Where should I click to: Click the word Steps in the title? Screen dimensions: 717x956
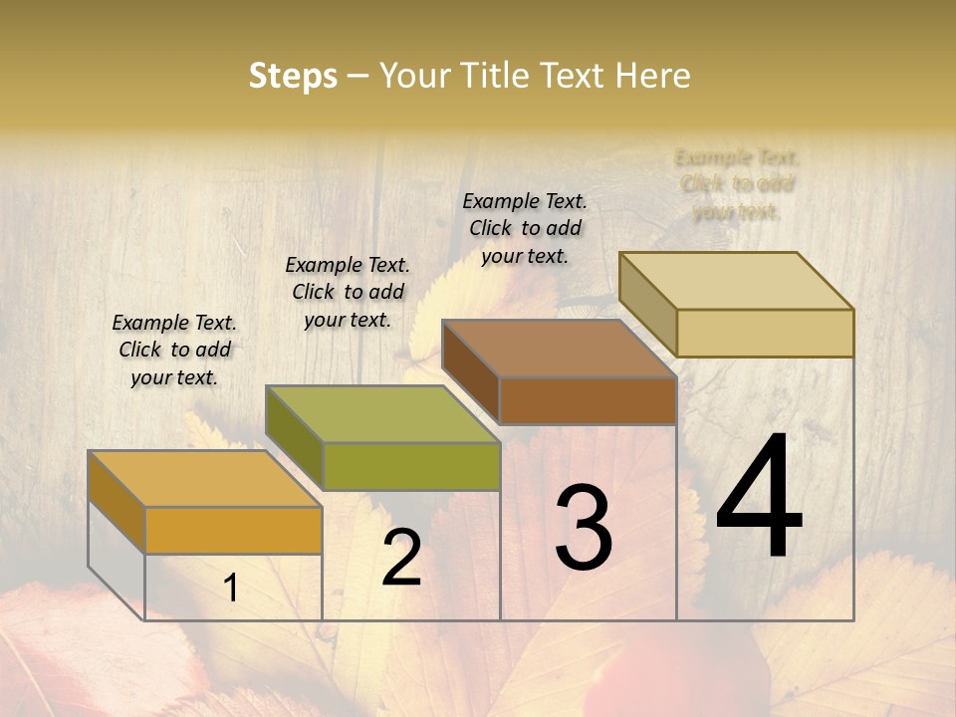[x=292, y=76]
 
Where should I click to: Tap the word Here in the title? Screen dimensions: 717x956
[x=653, y=76]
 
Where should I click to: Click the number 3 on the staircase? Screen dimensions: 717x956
[x=583, y=527]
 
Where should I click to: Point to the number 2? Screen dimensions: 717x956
[x=401, y=558]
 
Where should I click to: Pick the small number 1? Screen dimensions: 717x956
[x=231, y=589]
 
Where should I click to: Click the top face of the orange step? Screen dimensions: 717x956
[x=204, y=479]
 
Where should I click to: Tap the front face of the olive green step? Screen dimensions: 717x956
[x=411, y=466]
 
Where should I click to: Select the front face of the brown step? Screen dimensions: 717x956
[x=588, y=400]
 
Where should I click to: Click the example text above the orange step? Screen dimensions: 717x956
[x=174, y=350]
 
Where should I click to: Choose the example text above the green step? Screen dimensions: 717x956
[x=348, y=292]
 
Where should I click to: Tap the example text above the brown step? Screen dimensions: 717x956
[x=525, y=228]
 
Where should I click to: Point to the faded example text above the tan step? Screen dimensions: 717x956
[x=737, y=184]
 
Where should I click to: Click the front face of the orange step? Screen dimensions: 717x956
[x=233, y=530]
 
